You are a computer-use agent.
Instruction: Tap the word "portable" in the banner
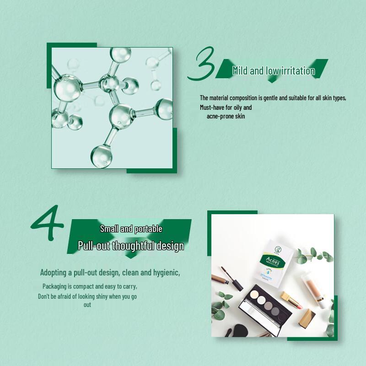click(147, 229)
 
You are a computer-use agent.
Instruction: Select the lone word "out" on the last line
click(87, 305)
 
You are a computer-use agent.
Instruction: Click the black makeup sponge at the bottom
click(240, 330)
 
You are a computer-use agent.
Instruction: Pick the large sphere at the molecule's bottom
click(101, 156)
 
